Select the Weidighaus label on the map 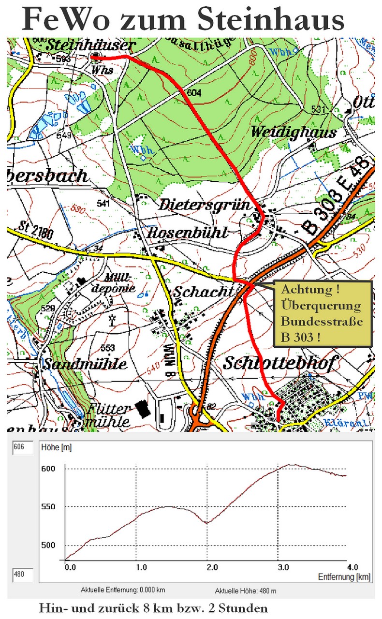point(294,132)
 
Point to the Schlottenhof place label point(278,364)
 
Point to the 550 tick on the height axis point(50,507)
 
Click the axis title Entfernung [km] point(344,577)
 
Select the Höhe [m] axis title point(56,448)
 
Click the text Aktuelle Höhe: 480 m point(245,591)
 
